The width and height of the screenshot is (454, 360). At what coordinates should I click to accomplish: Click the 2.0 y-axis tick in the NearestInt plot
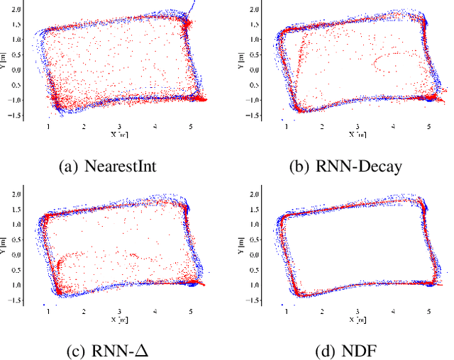pos(14,7)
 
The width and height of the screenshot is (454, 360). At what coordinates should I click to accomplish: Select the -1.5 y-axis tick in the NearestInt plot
pos(13,116)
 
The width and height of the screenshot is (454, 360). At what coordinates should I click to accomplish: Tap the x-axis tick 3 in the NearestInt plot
pos(119,126)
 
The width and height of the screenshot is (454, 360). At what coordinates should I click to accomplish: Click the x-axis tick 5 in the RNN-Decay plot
pos(428,126)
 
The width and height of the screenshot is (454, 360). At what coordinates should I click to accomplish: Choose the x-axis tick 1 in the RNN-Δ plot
pos(48,311)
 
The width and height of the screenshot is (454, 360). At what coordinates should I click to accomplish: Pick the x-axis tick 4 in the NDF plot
pos(393,311)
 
